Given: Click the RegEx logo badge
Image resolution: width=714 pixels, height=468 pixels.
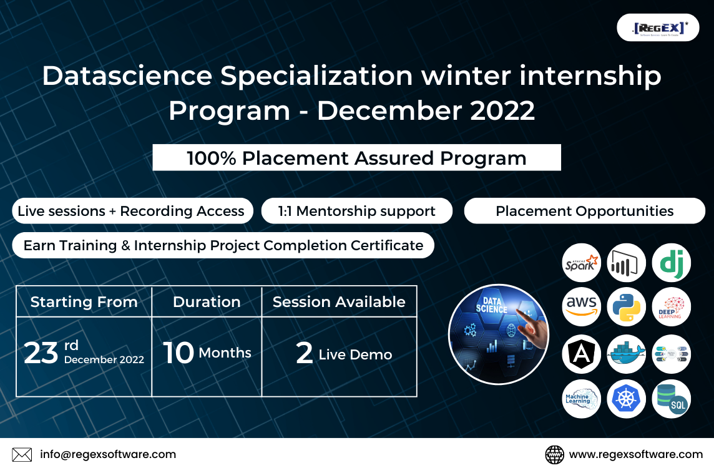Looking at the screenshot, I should (x=658, y=27).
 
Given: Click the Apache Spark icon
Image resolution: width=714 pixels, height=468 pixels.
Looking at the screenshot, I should (x=581, y=263).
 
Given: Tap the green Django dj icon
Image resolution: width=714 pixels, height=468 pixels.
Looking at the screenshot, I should (x=672, y=263).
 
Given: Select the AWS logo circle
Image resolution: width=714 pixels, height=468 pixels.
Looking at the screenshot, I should (x=581, y=307).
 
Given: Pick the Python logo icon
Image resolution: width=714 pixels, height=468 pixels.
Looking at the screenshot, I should (x=626, y=307).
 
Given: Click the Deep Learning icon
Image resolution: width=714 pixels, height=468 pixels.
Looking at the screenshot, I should (x=672, y=307).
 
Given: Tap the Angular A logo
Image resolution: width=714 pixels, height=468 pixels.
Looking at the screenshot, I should (x=581, y=354).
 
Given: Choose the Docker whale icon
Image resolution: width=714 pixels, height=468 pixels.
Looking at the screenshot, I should (x=626, y=354).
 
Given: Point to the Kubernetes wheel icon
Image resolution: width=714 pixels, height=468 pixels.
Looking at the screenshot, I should (x=626, y=399).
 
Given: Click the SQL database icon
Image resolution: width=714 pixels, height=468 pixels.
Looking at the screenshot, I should (x=672, y=399).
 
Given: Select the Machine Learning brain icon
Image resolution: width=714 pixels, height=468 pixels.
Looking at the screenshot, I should (x=581, y=399).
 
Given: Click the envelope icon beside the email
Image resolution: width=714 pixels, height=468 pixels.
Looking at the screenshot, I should (x=22, y=454).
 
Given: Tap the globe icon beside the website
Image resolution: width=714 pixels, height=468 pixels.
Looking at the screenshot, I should (x=554, y=454).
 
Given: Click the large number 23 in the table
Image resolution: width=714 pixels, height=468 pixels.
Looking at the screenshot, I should (x=41, y=353).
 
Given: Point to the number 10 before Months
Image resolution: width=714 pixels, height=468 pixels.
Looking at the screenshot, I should (x=178, y=353).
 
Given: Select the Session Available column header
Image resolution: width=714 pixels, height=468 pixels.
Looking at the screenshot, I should (x=339, y=302).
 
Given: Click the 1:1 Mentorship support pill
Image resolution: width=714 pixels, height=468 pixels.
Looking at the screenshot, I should (x=356, y=211).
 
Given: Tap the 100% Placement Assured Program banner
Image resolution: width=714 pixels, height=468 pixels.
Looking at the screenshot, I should (x=356, y=158).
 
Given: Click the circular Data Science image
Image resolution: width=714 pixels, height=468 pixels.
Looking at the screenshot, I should (x=498, y=334).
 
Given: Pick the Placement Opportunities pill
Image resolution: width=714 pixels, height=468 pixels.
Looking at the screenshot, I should (x=584, y=211).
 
